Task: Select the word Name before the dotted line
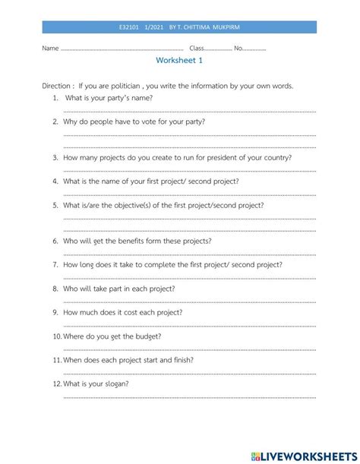tap(50, 48)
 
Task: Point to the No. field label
tap(238, 48)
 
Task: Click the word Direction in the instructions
tap(57, 86)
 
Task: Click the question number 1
tap(56, 98)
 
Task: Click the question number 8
tap(56, 289)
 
